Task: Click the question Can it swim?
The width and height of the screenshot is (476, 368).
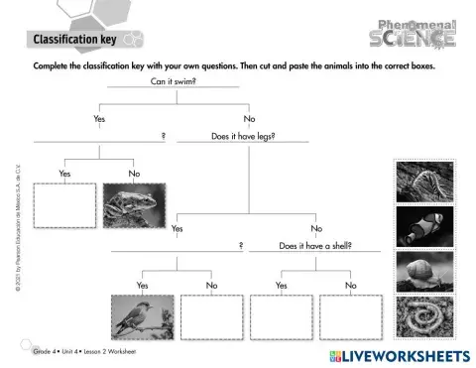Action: pos(173,81)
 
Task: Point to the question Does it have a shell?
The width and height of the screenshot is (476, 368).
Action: pos(316,244)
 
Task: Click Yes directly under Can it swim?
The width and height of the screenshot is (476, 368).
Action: pos(98,118)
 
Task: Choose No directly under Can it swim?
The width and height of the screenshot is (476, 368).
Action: pos(249,118)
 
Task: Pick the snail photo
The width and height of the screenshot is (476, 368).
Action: pos(425,272)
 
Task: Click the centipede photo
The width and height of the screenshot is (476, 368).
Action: pos(425,181)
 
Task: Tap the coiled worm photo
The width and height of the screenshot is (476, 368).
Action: pos(425,318)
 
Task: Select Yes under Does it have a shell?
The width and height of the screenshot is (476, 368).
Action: pos(281,285)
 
